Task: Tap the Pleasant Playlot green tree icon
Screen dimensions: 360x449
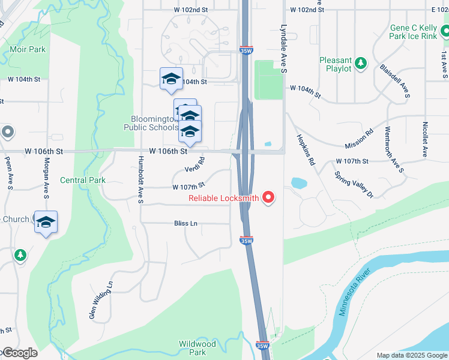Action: click(x=360, y=62)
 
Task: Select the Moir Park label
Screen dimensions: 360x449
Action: click(x=26, y=49)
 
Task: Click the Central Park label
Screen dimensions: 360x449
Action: click(x=83, y=180)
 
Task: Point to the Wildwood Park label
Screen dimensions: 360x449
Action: click(x=197, y=348)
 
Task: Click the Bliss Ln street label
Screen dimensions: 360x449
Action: click(x=185, y=223)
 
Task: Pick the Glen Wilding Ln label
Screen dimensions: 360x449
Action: click(x=101, y=301)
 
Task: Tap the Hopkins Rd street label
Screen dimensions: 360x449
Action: click(x=306, y=149)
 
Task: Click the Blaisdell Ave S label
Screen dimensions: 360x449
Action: click(x=395, y=81)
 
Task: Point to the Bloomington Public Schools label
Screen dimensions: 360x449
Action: click(x=151, y=123)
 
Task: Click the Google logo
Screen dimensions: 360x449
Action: click(x=19, y=353)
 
